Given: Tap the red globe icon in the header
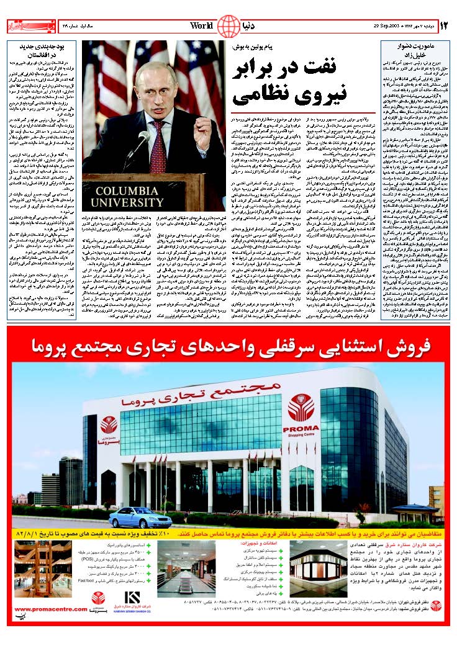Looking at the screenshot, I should (228, 26).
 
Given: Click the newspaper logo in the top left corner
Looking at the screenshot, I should (25, 26).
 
